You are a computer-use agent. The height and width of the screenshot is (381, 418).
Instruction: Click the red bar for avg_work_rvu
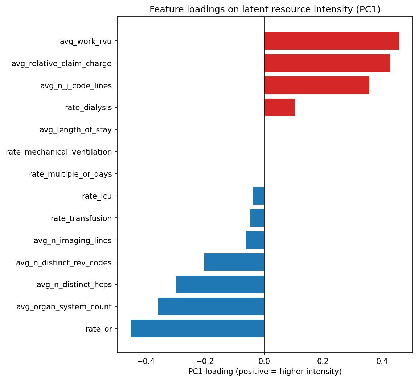click(331, 41)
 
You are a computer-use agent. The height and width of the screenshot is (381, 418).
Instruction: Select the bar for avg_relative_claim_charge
click(327, 63)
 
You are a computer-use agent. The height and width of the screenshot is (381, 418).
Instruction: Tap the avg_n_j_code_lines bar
click(316, 85)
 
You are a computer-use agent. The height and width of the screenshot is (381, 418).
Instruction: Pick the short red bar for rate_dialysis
click(279, 108)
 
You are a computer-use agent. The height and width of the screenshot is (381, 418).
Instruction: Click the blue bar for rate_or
click(197, 329)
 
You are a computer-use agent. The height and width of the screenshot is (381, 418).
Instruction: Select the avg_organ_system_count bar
click(211, 306)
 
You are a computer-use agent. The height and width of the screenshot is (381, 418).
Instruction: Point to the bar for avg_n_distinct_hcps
click(220, 284)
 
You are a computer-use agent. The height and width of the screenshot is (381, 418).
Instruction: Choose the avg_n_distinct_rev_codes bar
click(234, 262)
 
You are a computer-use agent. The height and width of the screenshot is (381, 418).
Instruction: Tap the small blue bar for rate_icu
click(258, 196)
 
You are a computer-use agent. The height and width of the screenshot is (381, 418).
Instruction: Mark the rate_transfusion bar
click(257, 218)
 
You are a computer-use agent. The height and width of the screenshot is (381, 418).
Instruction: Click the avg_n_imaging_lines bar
click(255, 240)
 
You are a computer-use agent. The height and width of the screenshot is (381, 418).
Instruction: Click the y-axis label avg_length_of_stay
click(75, 130)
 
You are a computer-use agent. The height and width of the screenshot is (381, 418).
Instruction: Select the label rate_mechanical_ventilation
click(59, 152)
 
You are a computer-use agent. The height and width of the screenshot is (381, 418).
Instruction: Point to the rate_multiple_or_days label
click(70, 174)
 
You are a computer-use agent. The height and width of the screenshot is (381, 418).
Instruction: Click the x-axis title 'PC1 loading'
click(265, 372)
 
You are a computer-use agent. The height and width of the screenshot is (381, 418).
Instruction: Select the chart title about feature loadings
click(265, 9)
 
